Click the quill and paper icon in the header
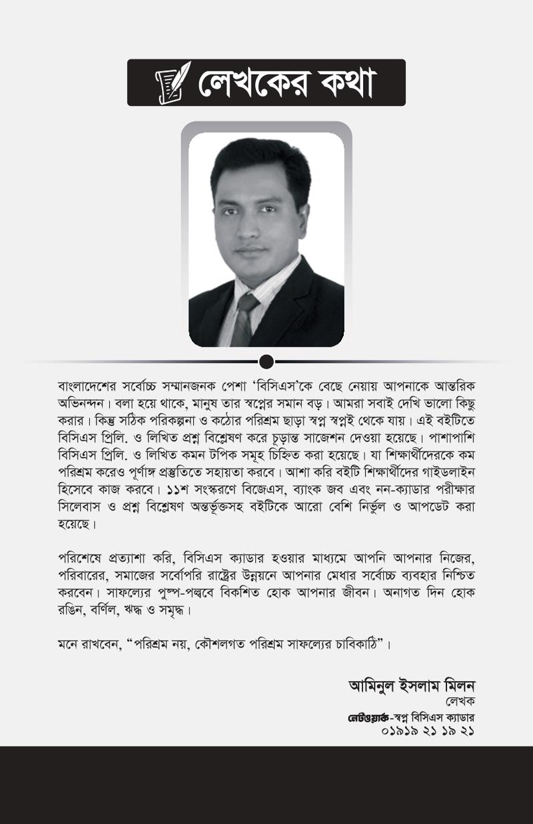173,82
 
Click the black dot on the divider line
266,362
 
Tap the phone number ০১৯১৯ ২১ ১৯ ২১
431,731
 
